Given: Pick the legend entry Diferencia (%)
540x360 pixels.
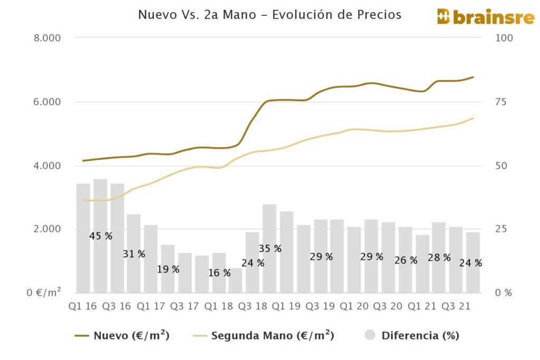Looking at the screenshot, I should click(x=412, y=335).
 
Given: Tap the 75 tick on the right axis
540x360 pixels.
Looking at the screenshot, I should click(x=502, y=102).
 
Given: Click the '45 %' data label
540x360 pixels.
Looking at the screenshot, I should click(x=101, y=236).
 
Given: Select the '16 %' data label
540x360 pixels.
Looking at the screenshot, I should click(x=219, y=273).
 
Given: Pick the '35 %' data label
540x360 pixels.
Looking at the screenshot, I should click(x=270, y=248).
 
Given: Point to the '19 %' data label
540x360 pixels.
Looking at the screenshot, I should click(x=168, y=269).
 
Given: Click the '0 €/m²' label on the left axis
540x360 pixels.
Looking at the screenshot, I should click(x=44, y=293).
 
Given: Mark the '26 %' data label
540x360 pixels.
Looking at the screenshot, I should click(x=406, y=260).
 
